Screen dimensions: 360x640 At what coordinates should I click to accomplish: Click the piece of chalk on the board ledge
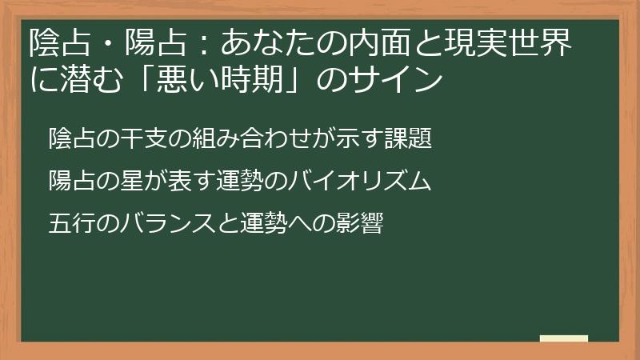tap(563, 338)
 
